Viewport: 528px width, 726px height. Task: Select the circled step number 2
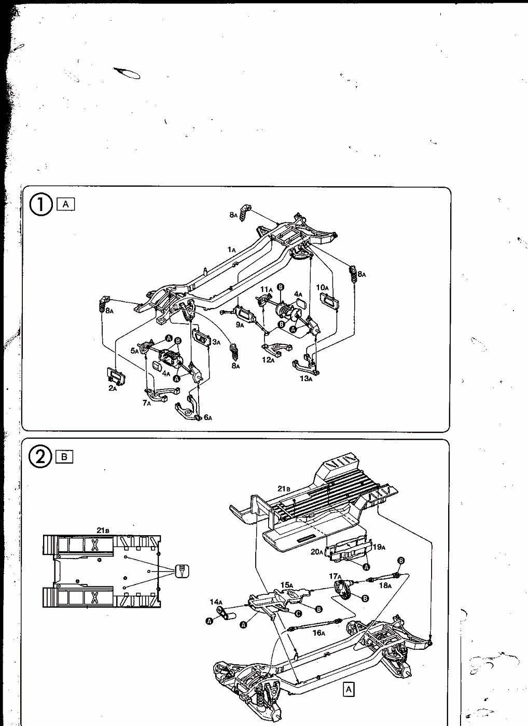tap(40, 457)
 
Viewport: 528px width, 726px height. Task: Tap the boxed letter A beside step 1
tap(66, 204)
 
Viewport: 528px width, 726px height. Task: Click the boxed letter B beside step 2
tap(64, 457)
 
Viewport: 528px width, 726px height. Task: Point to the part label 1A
tap(231, 249)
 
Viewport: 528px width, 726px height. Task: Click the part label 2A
tap(113, 388)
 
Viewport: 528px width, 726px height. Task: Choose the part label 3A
tap(216, 342)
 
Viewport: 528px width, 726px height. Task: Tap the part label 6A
tap(208, 417)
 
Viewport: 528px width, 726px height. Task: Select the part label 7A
tap(147, 403)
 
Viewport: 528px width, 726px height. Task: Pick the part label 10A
tap(322, 287)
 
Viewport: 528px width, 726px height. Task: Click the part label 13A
tap(306, 378)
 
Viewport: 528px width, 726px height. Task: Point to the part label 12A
tap(268, 360)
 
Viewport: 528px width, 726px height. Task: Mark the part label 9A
tap(240, 325)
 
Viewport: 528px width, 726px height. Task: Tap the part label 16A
tap(318, 633)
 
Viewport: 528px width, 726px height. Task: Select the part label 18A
tap(385, 585)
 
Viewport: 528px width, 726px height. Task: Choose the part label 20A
tap(317, 551)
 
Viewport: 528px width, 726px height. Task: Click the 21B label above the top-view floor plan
tap(103, 530)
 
